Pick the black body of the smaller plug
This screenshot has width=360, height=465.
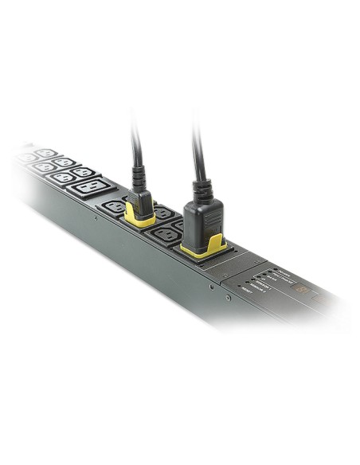(x=140, y=202)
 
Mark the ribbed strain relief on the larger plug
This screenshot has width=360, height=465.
(x=199, y=188)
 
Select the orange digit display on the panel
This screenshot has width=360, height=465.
(x=299, y=289)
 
